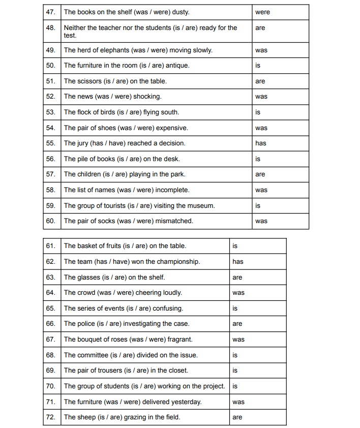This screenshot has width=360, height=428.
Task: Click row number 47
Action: (x=50, y=12)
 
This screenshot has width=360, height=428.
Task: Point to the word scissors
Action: (x=89, y=81)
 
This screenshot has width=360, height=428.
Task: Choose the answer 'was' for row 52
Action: (x=261, y=97)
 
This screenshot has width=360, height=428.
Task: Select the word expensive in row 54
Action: (x=170, y=128)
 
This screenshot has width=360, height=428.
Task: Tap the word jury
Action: (x=82, y=143)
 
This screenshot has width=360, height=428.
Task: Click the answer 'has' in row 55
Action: (x=261, y=143)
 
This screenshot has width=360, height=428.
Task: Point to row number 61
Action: (x=50, y=246)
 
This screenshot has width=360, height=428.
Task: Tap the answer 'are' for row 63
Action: (x=237, y=278)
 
